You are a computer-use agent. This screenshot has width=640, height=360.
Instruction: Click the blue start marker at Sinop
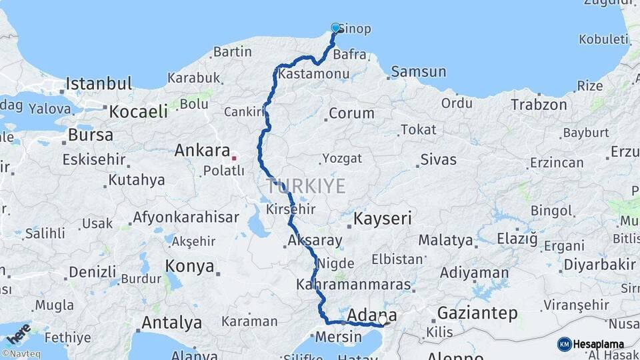pyautogui.click(x=335, y=28)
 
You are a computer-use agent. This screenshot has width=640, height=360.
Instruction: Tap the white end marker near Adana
pyautogui.click(x=382, y=321)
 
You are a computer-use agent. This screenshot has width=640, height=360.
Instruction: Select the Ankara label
pyautogui.click(x=201, y=151)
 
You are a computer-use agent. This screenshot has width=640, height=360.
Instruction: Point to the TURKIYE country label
pyautogui.click(x=306, y=185)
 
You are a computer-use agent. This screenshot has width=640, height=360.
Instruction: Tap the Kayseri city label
pyautogui.click(x=383, y=218)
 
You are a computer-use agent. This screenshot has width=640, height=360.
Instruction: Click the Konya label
pyautogui.click(x=189, y=267)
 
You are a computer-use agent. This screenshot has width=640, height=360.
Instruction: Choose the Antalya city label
pyautogui.click(x=171, y=323)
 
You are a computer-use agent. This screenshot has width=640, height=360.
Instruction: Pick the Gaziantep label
pyautogui.click(x=477, y=313)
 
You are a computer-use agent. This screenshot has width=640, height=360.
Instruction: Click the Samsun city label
pyautogui.click(x=419, y=71)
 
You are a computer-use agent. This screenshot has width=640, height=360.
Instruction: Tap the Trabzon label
pyautogui.click(x=539, y=105)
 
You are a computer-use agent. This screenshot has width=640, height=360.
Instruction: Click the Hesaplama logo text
pyautogui.click(x=599, y=345)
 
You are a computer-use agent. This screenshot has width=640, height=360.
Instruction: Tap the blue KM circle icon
pyautogui.click(x=564, y=344)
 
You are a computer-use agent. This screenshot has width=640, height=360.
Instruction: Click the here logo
pyautogui.click(x=19, y=333)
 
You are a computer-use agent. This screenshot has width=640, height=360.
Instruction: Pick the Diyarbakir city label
pyautogui.click(x=597, y=264)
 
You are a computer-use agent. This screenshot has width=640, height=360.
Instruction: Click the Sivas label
pyautogui.click(x=438, y=159)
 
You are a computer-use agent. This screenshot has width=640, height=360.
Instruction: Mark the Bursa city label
pyautogui.click(x=91, y=135)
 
